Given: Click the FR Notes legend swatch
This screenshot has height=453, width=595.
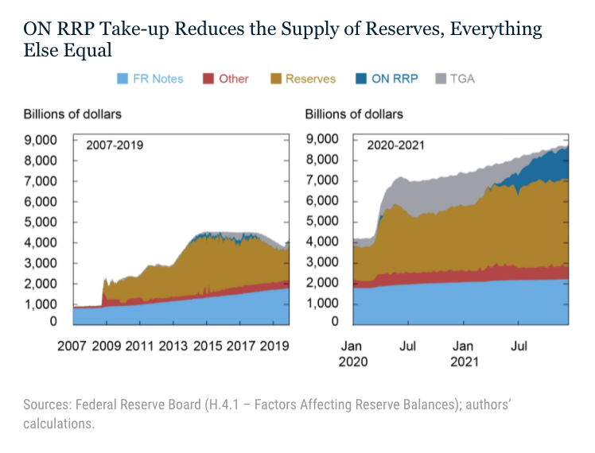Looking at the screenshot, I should click(x=122, y=79).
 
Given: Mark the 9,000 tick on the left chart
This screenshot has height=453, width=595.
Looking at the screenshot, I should click(x=40, y=140).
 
